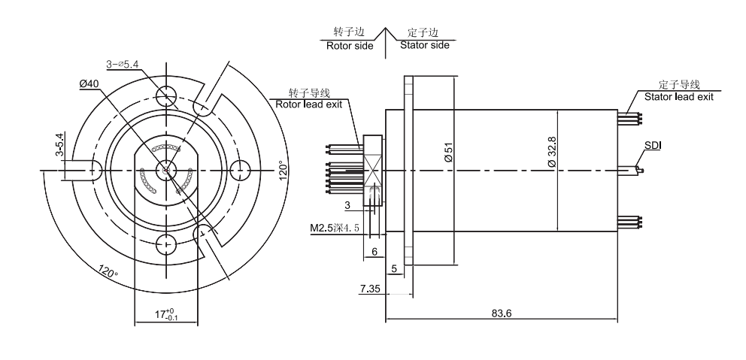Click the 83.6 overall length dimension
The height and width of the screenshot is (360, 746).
coord(503,313)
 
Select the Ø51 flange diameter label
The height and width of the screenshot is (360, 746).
coord(447,153)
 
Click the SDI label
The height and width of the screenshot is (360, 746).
coord(652,144)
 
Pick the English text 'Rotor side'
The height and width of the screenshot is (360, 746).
coord(350,46)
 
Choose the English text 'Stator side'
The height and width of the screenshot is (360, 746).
coord(425,45)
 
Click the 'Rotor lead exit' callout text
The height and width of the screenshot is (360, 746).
coord(308,104)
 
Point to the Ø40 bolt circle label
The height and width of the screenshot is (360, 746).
coord(89,83)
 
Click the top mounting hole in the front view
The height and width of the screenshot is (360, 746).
coord(166,95)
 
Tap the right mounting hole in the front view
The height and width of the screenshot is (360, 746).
coord(241,169)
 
